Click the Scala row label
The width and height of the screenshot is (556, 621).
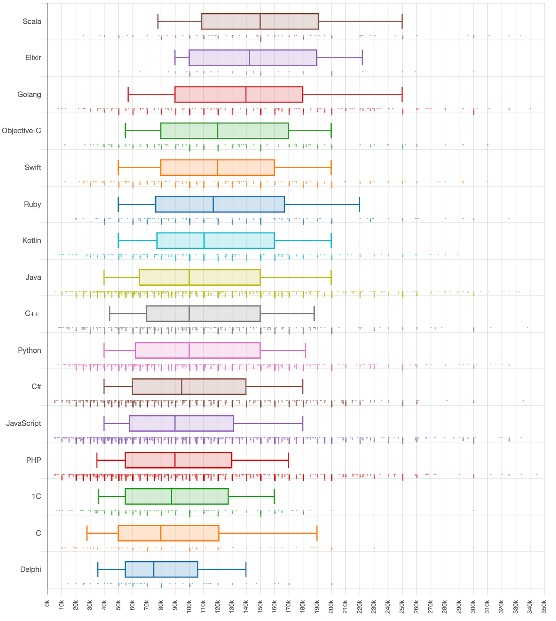click(x=32, y=21)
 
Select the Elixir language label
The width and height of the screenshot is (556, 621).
click(x=33, y=58)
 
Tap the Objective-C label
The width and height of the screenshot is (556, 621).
click(x=21, y=131)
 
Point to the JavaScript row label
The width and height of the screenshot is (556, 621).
click(x=24, y=423)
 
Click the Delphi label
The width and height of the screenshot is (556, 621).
click(x=31, y=569)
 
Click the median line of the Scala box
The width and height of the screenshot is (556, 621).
click(x=260, y=21)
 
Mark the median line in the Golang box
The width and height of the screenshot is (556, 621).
click(x=246, y=95)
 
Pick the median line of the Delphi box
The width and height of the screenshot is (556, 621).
click(x=154, y=569)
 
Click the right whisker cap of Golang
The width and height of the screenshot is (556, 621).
click(x=402, y=95)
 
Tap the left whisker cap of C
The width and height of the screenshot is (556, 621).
click(x=87, y=533)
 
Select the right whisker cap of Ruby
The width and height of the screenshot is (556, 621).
click(x=359, y=204)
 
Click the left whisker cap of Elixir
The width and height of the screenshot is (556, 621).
click(x=175, y=58)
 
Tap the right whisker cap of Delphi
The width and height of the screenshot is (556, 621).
click(x=246, y=569)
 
